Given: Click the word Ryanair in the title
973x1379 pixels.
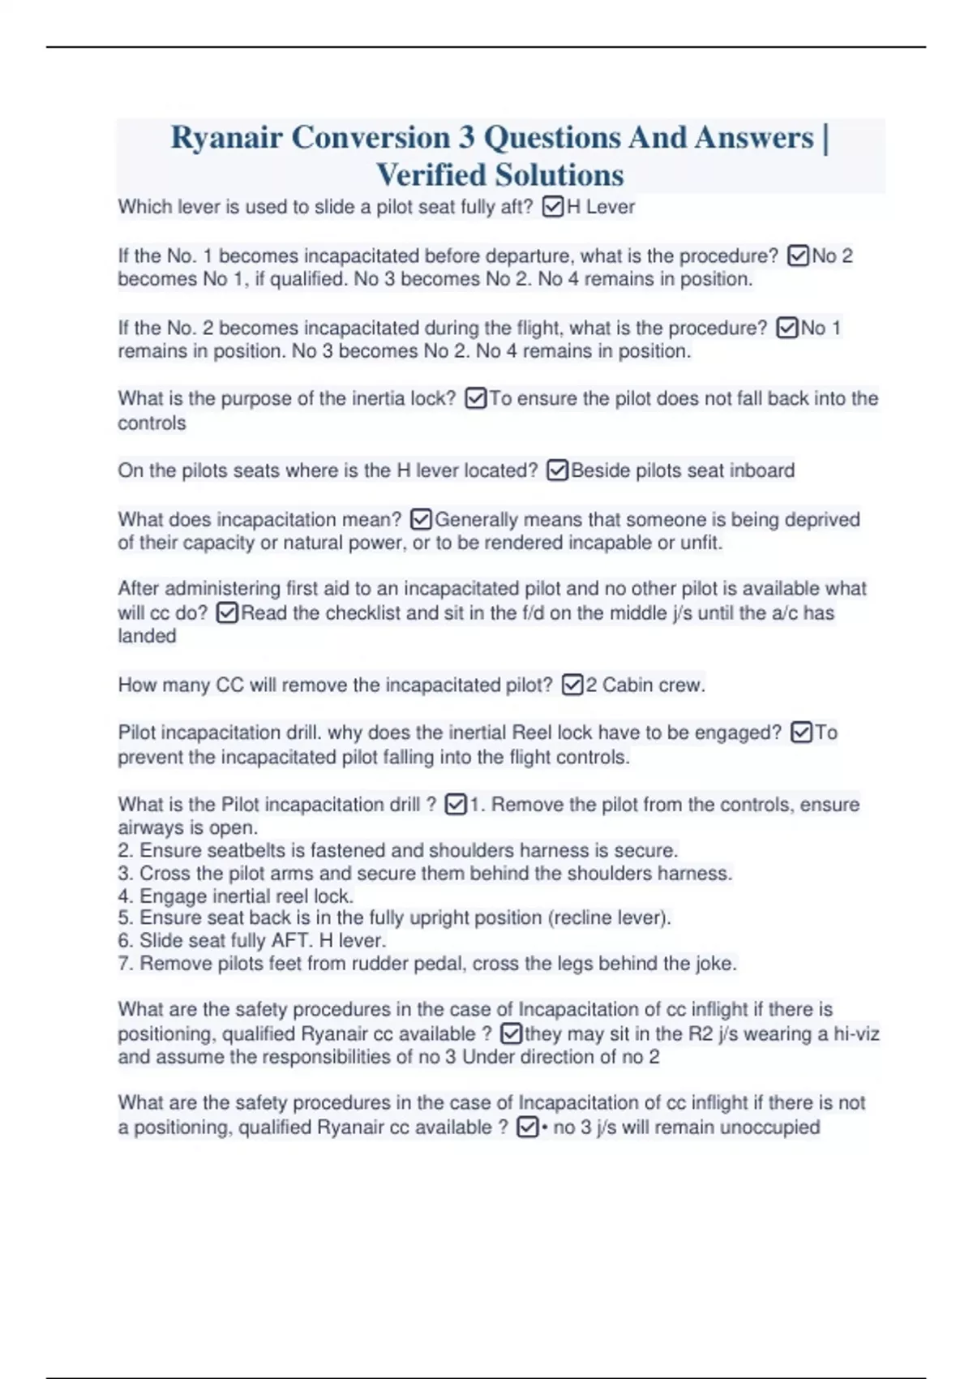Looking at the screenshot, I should pyautogui.click(x=226, y=138).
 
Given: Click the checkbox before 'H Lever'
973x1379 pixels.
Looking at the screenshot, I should pyautogui.click(x=552, y=208).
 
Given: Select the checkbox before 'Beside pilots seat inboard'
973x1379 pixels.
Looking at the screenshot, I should pyautogui.click(x=557, y=470).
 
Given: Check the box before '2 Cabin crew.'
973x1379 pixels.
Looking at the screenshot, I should pyautogui.click(x=572, y=685).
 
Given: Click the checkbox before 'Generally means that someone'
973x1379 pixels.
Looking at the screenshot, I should pyautogui.click(x=421, y=519).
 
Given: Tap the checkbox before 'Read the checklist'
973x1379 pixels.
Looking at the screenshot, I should pyautogui.click(x=227, y=613).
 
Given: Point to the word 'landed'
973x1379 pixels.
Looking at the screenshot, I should pyautogui.click(x=147, y=636).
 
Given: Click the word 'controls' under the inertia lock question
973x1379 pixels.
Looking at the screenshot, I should pyautogui.click(x=152, y=423).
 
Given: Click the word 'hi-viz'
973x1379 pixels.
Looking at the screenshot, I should pyautogui.click(x=856, y=1034).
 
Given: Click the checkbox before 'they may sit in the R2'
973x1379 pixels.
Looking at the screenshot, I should pyautogui.click(x=511, y=1034).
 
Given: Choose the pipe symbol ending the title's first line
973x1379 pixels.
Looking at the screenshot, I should pyautogui.click(x=825, y=138).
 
